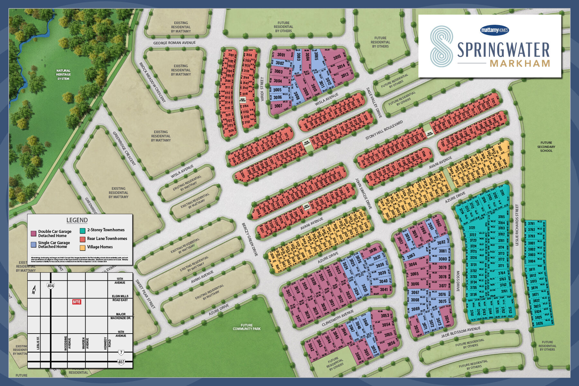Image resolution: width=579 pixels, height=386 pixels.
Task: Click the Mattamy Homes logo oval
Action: click(x=494, y=30)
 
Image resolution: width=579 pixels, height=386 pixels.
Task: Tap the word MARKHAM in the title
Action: click(x=520, y=63)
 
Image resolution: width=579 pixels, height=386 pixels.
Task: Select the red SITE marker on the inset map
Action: click(x=77, y=302)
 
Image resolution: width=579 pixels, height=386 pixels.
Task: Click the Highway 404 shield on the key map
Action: click(x=51, y=286)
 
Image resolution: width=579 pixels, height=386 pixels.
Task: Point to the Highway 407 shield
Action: click(x=121, y=362)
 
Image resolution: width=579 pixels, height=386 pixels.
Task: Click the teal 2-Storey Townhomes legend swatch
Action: click(x=82, y=230)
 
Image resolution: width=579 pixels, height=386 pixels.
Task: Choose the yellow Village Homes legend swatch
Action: click(x=82, y=247)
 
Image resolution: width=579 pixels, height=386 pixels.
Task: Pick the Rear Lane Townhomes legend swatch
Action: click(x=82, y=239)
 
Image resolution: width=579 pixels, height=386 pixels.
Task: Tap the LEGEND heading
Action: click(x=77, y=220)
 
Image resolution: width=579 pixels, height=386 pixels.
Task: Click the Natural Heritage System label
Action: click(x=63, y=75)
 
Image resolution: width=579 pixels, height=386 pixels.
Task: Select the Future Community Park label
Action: click(x=247, y=327)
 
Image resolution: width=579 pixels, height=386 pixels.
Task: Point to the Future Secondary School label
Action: click(x=546, y=147)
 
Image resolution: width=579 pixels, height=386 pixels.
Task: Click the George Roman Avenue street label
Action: click(x=174, y=43)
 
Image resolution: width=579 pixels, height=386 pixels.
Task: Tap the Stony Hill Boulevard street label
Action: click(x=384, y=130)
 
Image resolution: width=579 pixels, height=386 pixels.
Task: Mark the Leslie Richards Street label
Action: click(x=517, y=225)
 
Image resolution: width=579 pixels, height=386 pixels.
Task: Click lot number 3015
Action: click(x=337, y=57)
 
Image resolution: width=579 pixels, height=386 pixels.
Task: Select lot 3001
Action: click(x=281, y=55)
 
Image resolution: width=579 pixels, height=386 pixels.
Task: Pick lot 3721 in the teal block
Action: click(x=472, y=228)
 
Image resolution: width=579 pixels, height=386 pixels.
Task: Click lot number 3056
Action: click(x=391, y=343)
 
